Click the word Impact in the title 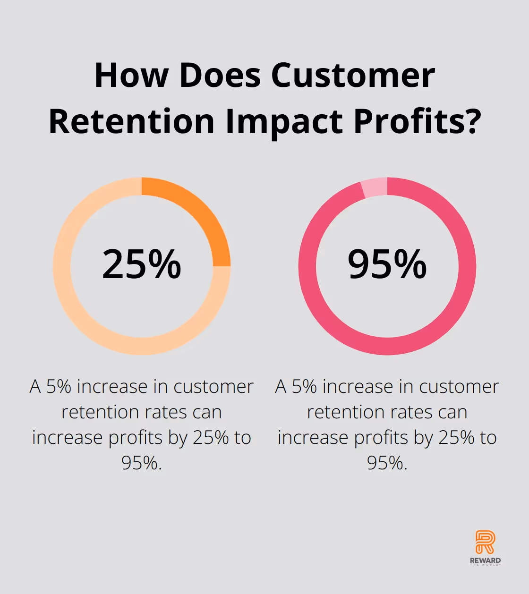pos(285,121)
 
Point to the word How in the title pos(131,76)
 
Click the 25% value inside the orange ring pos(142,264)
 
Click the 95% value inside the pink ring pos(387,264)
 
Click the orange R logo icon pos(485,542)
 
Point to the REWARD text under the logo pos(485,560)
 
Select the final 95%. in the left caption pos(142,463)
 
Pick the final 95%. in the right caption pos(387,463)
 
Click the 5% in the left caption pos(59,387)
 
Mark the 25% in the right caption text pos(456,438)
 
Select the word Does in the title pos(220,76)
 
